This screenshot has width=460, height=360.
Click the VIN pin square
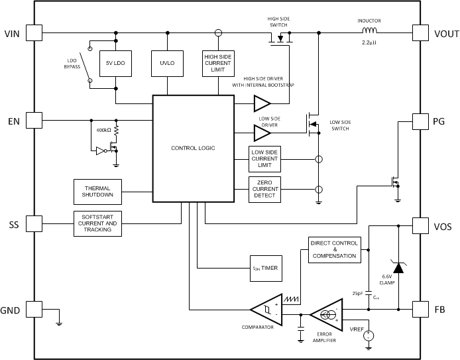click(x=34, y=33)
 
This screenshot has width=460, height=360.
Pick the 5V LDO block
click(x=116, y=65)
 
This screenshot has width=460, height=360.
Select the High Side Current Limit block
click(x=217, y=65)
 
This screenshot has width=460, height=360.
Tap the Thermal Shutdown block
click(x=97, y=191)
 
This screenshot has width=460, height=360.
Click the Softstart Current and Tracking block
click(x=97, y=224)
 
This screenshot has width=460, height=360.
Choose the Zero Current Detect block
click(x=264, y=190)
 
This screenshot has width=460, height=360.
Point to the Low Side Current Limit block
click(x=264, y=159)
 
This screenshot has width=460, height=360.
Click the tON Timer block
click(x=264, y=268)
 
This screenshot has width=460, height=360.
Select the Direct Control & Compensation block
click(x=334, y=250)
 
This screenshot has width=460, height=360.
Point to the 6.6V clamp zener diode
click(x=398, y=267)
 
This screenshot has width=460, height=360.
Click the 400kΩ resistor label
click(x=104, y=130)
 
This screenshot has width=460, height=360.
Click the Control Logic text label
click(x=192, y=147)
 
